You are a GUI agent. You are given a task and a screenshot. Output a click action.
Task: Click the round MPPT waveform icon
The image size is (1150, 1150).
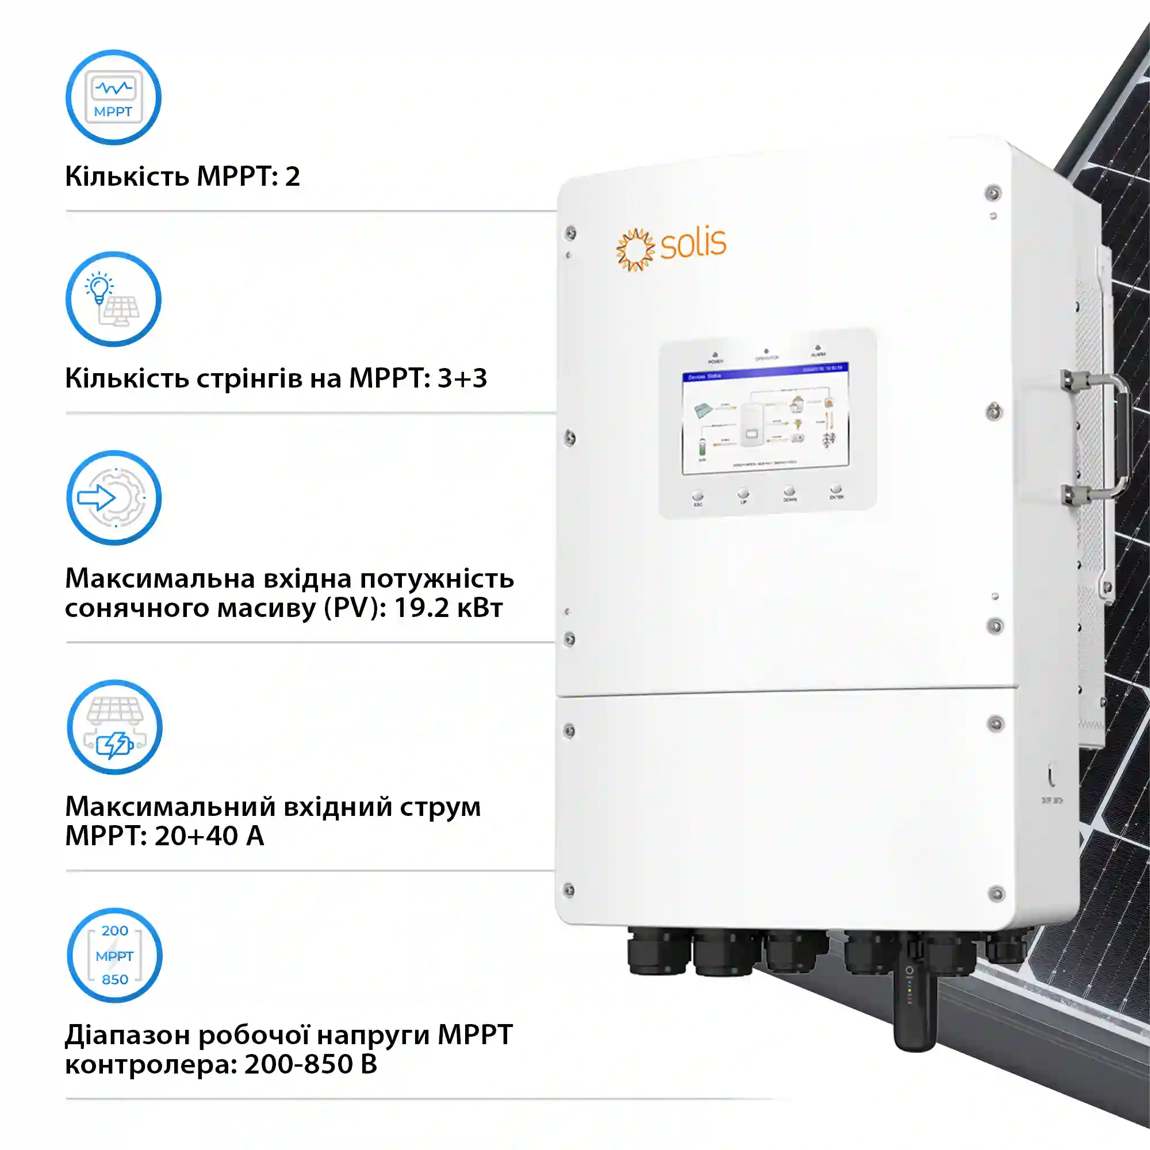(x=113, y=97)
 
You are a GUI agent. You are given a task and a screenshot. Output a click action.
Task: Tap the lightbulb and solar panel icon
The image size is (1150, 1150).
(x=113, y=299)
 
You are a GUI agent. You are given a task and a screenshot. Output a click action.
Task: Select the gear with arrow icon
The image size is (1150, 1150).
(x=114, y=497)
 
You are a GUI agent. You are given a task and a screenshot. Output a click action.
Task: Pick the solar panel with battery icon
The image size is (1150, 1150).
(x=114, y=727)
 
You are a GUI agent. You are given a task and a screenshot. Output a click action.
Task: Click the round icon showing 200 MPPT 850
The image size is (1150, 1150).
(x=114, y=954)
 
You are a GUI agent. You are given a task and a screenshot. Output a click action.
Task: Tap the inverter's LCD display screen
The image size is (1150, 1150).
(x=765, y=420)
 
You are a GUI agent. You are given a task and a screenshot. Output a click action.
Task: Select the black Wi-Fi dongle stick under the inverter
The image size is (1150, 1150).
(x=915, y=1006)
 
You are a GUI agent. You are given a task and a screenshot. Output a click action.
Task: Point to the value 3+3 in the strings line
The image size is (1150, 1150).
(x=462, y=378)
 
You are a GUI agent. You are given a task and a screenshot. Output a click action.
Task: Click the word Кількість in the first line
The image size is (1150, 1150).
(x=126, y=176)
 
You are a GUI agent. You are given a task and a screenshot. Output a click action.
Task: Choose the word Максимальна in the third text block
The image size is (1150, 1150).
(x=159, y=578)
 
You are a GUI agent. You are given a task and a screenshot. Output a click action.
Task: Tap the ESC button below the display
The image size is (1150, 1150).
(x=697, y=495)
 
